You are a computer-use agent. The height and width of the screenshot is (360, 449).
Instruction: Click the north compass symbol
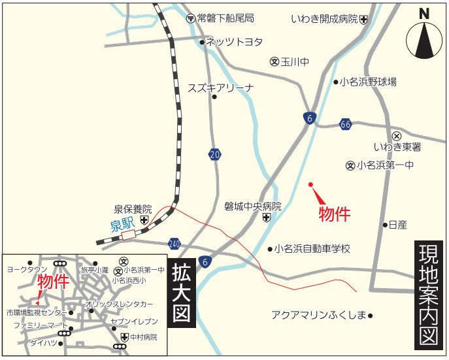424,38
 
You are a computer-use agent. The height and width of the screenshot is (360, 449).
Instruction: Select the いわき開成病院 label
324,19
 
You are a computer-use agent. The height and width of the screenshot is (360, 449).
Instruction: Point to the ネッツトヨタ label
235,42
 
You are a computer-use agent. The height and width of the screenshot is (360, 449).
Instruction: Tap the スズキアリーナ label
220,88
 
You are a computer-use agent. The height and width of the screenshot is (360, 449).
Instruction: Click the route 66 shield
346,124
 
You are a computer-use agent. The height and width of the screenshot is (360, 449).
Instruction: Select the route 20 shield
215,155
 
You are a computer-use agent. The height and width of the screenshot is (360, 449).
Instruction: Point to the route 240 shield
174,243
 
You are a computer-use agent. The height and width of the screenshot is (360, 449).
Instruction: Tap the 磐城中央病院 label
252,206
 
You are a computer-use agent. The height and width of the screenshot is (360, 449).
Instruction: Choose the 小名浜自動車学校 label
312,249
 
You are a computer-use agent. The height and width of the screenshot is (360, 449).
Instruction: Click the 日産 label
397,225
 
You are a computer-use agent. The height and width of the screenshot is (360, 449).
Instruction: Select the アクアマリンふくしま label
318,315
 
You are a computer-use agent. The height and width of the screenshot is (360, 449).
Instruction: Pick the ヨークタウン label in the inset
26,269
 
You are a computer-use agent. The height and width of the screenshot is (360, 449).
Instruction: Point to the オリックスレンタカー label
120,304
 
